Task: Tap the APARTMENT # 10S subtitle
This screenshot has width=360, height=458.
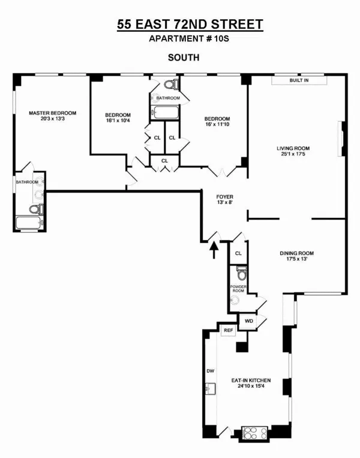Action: tap(180, 40)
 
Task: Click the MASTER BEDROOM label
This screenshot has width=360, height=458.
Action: tap(52, 113)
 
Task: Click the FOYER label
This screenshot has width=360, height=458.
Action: tap(224, 196)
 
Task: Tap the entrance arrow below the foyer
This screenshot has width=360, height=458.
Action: tap(214, 248)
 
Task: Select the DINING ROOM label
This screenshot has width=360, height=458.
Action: tap(296, 253)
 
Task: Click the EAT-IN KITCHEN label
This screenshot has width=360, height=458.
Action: tap(251, 381)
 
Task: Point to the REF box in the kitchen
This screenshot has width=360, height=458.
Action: tap(228, 331)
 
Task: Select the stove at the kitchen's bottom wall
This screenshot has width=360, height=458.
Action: tap(254, 432)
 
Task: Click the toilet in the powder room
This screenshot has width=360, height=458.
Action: tap(241, 274)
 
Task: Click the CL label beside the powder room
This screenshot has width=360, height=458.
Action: tap(238, 253)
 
